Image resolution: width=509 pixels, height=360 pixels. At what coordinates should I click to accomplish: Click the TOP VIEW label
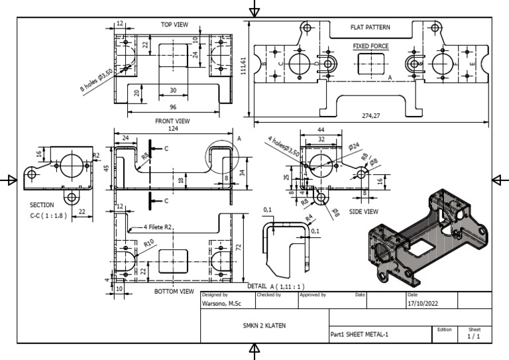point(174,25)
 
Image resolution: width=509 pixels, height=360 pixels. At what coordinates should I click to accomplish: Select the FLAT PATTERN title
point(370,28)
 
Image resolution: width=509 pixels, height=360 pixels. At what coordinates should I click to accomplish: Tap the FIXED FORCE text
point(370,46)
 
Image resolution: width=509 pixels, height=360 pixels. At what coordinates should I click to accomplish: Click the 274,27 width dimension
point(374,116)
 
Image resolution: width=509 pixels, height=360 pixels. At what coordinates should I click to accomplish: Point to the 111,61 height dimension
point(244,66)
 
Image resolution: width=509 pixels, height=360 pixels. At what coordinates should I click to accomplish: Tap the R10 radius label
point(149,244)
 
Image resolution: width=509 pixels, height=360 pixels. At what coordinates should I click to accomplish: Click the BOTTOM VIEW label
point(174,291)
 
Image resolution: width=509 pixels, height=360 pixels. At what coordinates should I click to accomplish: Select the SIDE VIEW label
point(364,211)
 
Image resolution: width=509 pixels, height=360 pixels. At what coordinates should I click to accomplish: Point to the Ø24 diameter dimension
point(353,146)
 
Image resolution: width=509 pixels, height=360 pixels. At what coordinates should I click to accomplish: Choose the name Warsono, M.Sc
point(221,304)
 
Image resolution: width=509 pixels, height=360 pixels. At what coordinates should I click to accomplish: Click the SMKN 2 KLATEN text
point(264,326)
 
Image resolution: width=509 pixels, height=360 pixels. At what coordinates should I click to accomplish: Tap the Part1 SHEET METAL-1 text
point(359,334)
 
